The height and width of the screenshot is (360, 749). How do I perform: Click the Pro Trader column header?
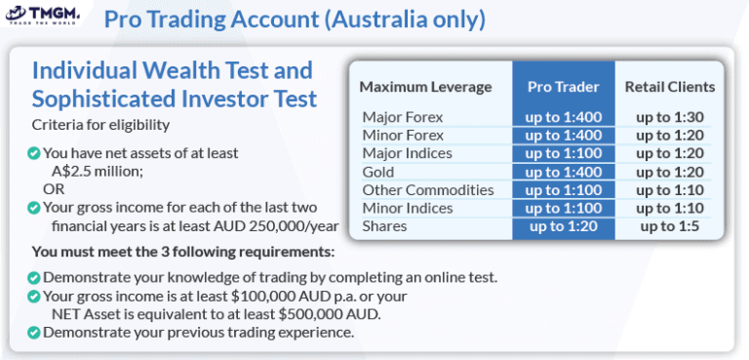(x=564, y=86)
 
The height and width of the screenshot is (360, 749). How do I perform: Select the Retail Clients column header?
(x=670, y=86)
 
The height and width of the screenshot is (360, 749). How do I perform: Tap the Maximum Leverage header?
(x=425, y=86)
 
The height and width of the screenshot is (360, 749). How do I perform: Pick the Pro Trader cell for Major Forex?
(x=564, y=117)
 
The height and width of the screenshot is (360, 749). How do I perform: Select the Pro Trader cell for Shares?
(x=564, y=226)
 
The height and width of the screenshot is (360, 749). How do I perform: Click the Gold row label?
(x=378, y=172)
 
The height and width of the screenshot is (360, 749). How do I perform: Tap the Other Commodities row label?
(x=414, y=190)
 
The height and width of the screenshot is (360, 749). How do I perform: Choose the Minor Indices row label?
(x=407, y=208)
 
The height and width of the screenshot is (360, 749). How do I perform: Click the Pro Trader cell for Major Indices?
(x=564, y=153)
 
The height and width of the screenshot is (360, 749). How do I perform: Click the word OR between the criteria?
(x=52, y=188)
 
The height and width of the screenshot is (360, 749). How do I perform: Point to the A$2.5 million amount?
(x=98, y=171)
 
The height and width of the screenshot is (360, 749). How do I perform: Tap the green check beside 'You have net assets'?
(x=34, y=153)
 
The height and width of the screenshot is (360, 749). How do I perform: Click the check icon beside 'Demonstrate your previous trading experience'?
(x=34, y=332)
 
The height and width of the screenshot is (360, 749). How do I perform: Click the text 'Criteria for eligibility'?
(x=101, y=125)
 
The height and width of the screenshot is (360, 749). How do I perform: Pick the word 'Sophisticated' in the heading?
(x=120, y=99)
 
